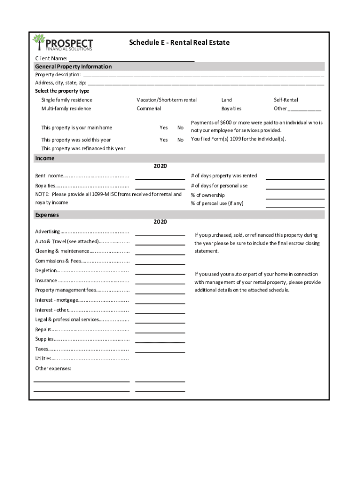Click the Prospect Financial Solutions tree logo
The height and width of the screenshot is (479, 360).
[x=38, y=42]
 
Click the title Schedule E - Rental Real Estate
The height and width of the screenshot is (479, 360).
[x=179, y=43]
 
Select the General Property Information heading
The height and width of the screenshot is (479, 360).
[x=73, y=66]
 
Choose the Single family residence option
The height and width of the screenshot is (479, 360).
[x=66, y=100]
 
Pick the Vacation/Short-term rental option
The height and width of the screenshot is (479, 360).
[x=166, y=100]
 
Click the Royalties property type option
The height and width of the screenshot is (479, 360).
[x=231, y=109]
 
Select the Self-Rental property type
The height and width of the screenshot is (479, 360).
[x=286, y=100]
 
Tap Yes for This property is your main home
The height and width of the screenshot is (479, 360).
[x=164, y=128]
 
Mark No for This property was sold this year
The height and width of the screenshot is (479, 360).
[x=180, y=140]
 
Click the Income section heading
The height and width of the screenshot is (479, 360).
[x=45, y=158]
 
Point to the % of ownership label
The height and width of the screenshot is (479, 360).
[x=208, y=195]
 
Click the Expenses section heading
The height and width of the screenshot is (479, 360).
[x=47, y=215]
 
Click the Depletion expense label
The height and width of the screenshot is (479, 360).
[x=46, y=271]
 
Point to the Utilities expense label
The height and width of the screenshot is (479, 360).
[x=43, y=359]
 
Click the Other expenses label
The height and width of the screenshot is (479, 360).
[x=53, y=369]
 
